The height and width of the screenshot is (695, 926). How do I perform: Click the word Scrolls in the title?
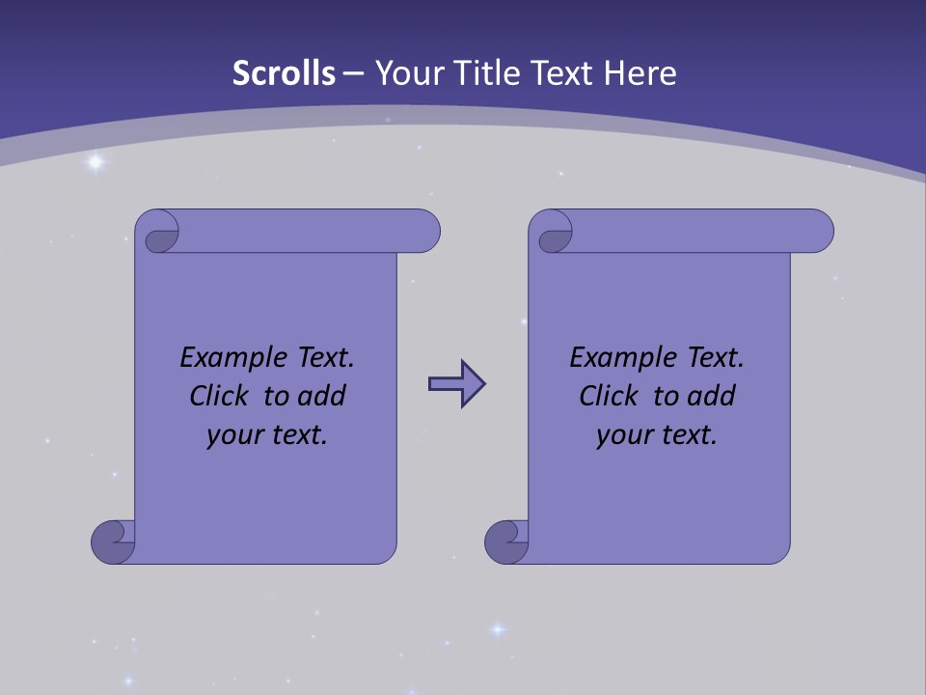tap(284, 73)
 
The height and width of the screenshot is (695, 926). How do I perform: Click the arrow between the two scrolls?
tap(456, 384)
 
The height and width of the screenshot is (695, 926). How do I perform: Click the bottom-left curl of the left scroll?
tap(114, 542)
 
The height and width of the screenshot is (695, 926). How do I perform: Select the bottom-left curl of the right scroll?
tap(506, 542)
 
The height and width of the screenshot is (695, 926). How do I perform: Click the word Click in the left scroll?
tap(221, 396)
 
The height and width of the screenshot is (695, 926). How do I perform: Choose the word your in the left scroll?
tap(235, 435)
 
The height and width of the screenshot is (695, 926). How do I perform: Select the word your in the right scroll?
tap(625, 435)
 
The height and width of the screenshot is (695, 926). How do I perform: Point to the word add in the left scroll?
tap(320, 396)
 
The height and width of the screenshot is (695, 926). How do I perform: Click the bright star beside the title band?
tap(95, 162)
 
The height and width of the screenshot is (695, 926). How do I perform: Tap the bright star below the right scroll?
tap(498, 629)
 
